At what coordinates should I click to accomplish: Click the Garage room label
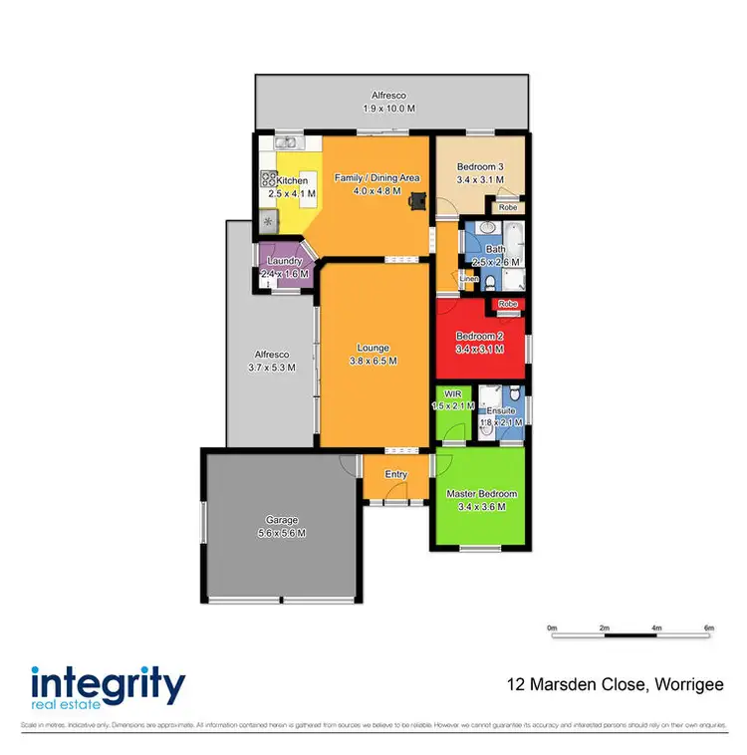[282, 520]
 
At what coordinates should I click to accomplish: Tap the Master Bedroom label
[481, 494]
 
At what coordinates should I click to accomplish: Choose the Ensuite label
[500, 410]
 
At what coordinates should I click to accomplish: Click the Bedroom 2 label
[479, 337]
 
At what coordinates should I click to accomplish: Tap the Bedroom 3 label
[480, 166]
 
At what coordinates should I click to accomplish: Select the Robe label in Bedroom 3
[508, 208]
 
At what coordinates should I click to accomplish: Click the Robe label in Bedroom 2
[508, 303]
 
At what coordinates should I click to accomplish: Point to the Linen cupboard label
[469, 279]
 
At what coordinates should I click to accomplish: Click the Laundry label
[280, 261]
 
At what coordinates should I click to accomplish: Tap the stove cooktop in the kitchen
[269, 179]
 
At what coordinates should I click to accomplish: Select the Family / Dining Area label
[376, 178]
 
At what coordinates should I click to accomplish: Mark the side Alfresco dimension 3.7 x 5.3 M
[272, 367]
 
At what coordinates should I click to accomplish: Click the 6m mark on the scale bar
[709, 628]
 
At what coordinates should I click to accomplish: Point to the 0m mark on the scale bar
[552, 628]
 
